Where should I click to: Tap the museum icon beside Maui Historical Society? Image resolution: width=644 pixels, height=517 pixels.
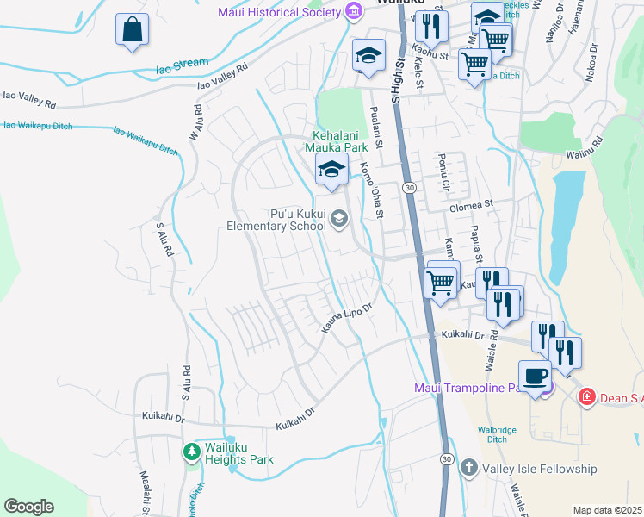tap(353, 11)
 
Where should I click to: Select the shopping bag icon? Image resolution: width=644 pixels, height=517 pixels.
tap(133, 30)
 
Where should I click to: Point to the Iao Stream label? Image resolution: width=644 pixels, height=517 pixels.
tap(182, 63)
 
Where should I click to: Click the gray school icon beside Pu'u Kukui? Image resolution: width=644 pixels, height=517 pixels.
tap(338, 220)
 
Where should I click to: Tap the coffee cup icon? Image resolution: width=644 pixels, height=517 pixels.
tap(536, 377)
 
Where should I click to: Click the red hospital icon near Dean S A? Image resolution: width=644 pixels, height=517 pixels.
tap(587, 397)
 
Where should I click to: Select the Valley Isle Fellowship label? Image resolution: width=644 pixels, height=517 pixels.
tap(540, 469)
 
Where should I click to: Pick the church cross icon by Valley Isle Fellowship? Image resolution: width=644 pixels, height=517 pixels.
tap(469, 469)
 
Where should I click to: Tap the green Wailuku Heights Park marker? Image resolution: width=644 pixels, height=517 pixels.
tap(191, 452)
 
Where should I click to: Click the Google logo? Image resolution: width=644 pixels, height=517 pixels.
tap(28, 507)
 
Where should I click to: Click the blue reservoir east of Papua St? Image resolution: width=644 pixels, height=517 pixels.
tap(564, 224)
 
